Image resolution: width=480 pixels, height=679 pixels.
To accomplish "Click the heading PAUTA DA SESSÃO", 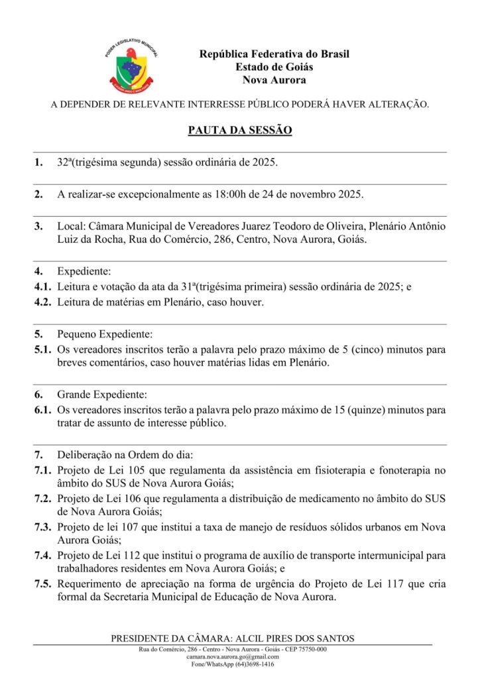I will pos(240,131).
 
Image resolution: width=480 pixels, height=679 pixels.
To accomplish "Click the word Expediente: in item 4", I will pos(84,271).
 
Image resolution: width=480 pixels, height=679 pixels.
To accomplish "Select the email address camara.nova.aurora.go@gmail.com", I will pos(233,656).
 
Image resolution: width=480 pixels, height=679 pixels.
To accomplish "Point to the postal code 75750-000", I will pos(309,649).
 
